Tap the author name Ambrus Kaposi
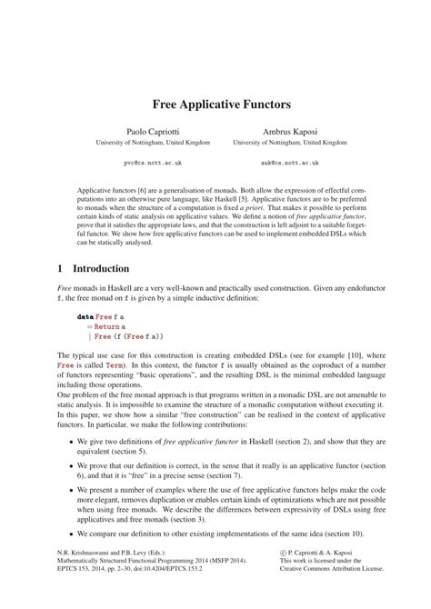click(x=289, y=131)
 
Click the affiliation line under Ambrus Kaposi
click(x=289, y=143)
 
